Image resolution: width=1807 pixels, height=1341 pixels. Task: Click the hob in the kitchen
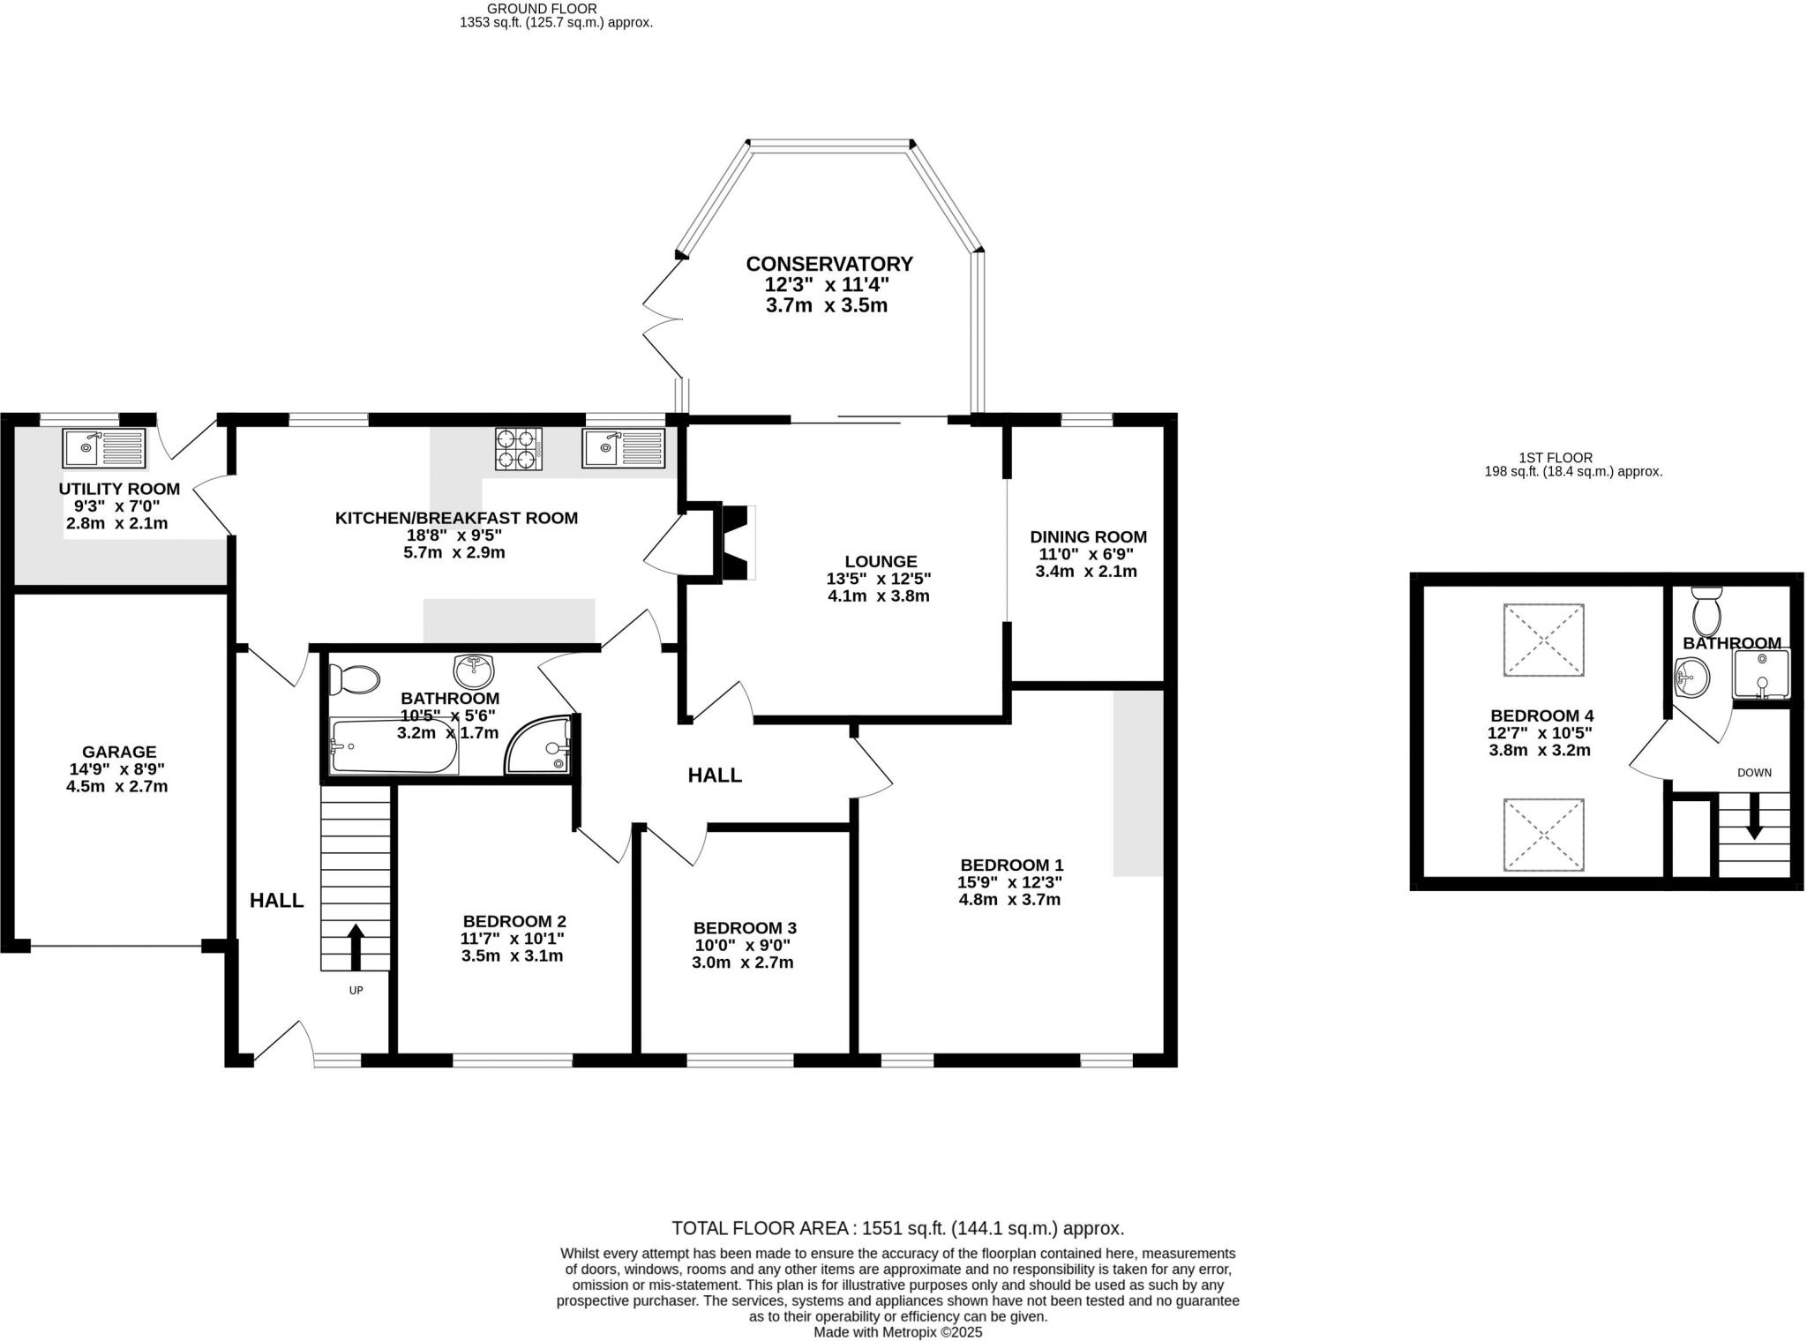pyautogui.click(x=519, y=448)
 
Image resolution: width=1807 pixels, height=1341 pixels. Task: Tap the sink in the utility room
pyautogui.click(x=104, y=448)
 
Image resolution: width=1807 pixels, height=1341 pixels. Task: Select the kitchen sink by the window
pyautogui.click(x=624, y=448)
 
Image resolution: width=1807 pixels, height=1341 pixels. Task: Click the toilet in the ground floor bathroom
pyautogui.click(x=354, y=679)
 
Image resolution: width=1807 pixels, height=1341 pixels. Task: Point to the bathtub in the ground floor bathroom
pyautogui.click(x=394, y=746)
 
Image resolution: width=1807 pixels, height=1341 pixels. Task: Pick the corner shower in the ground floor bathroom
pyautogui.click(x=541, y=746)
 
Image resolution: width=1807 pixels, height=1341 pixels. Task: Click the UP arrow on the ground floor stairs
pyautogui.click(x=356, y=947)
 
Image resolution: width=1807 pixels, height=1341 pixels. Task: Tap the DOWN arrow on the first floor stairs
pyautogui.click(x=1754, y=816)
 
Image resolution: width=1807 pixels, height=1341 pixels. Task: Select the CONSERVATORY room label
pyautogui.click(x=829, y=264)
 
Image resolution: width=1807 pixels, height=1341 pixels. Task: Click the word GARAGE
pyautogui.click(x=119, y=752)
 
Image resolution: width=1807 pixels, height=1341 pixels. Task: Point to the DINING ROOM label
pyautogui.click(x=1088, y=536)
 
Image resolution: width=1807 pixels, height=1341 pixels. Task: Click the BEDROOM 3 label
pyautogui.click(x=745, y=928)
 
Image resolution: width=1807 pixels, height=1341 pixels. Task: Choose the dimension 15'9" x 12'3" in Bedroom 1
pyautogui.click(x=1009, y=881)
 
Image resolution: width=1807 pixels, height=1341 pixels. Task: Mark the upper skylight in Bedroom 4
pyautogui.click(x=1543, y=641)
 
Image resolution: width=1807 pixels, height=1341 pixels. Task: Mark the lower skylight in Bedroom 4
pyautogui.click(x=1543, y=835)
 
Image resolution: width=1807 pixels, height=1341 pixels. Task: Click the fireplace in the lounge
pyautogui.click(x=736, y=542)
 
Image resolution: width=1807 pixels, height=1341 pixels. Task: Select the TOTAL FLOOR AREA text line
pyautogui.click(x=897, y=1228)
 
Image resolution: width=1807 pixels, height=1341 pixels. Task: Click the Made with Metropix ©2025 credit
pyautogui.click(x=897, y=1332)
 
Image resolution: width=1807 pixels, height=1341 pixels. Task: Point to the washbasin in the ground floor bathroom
pyautogui.click(x=474, y=670)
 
